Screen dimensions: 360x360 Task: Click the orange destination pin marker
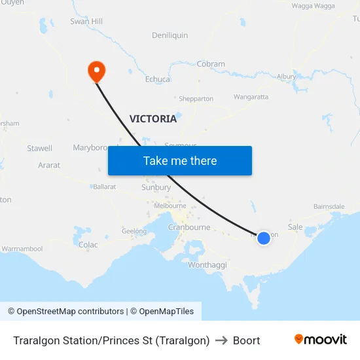[96, 71]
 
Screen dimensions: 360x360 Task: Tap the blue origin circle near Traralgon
[263, 238]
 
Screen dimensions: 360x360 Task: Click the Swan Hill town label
[86, 22]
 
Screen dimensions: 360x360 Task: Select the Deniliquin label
[170, 35]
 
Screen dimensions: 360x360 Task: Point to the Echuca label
[158, 80]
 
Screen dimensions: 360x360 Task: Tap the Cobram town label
[211, 65]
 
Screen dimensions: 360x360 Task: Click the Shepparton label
[196, 99]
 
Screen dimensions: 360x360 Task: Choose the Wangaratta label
[251, 97]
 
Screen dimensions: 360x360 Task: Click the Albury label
[286, 77]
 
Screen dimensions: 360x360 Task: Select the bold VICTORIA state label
[153, 119]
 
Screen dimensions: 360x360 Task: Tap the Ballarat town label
[105, 187]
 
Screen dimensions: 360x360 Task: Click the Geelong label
[134, 231]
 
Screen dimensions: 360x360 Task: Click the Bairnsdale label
[329, 206]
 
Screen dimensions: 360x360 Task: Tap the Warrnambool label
[22, 249]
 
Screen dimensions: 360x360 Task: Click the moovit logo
[320, 339]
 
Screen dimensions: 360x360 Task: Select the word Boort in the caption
[246, 340]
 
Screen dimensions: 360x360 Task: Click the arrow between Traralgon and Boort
[221, 340]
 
